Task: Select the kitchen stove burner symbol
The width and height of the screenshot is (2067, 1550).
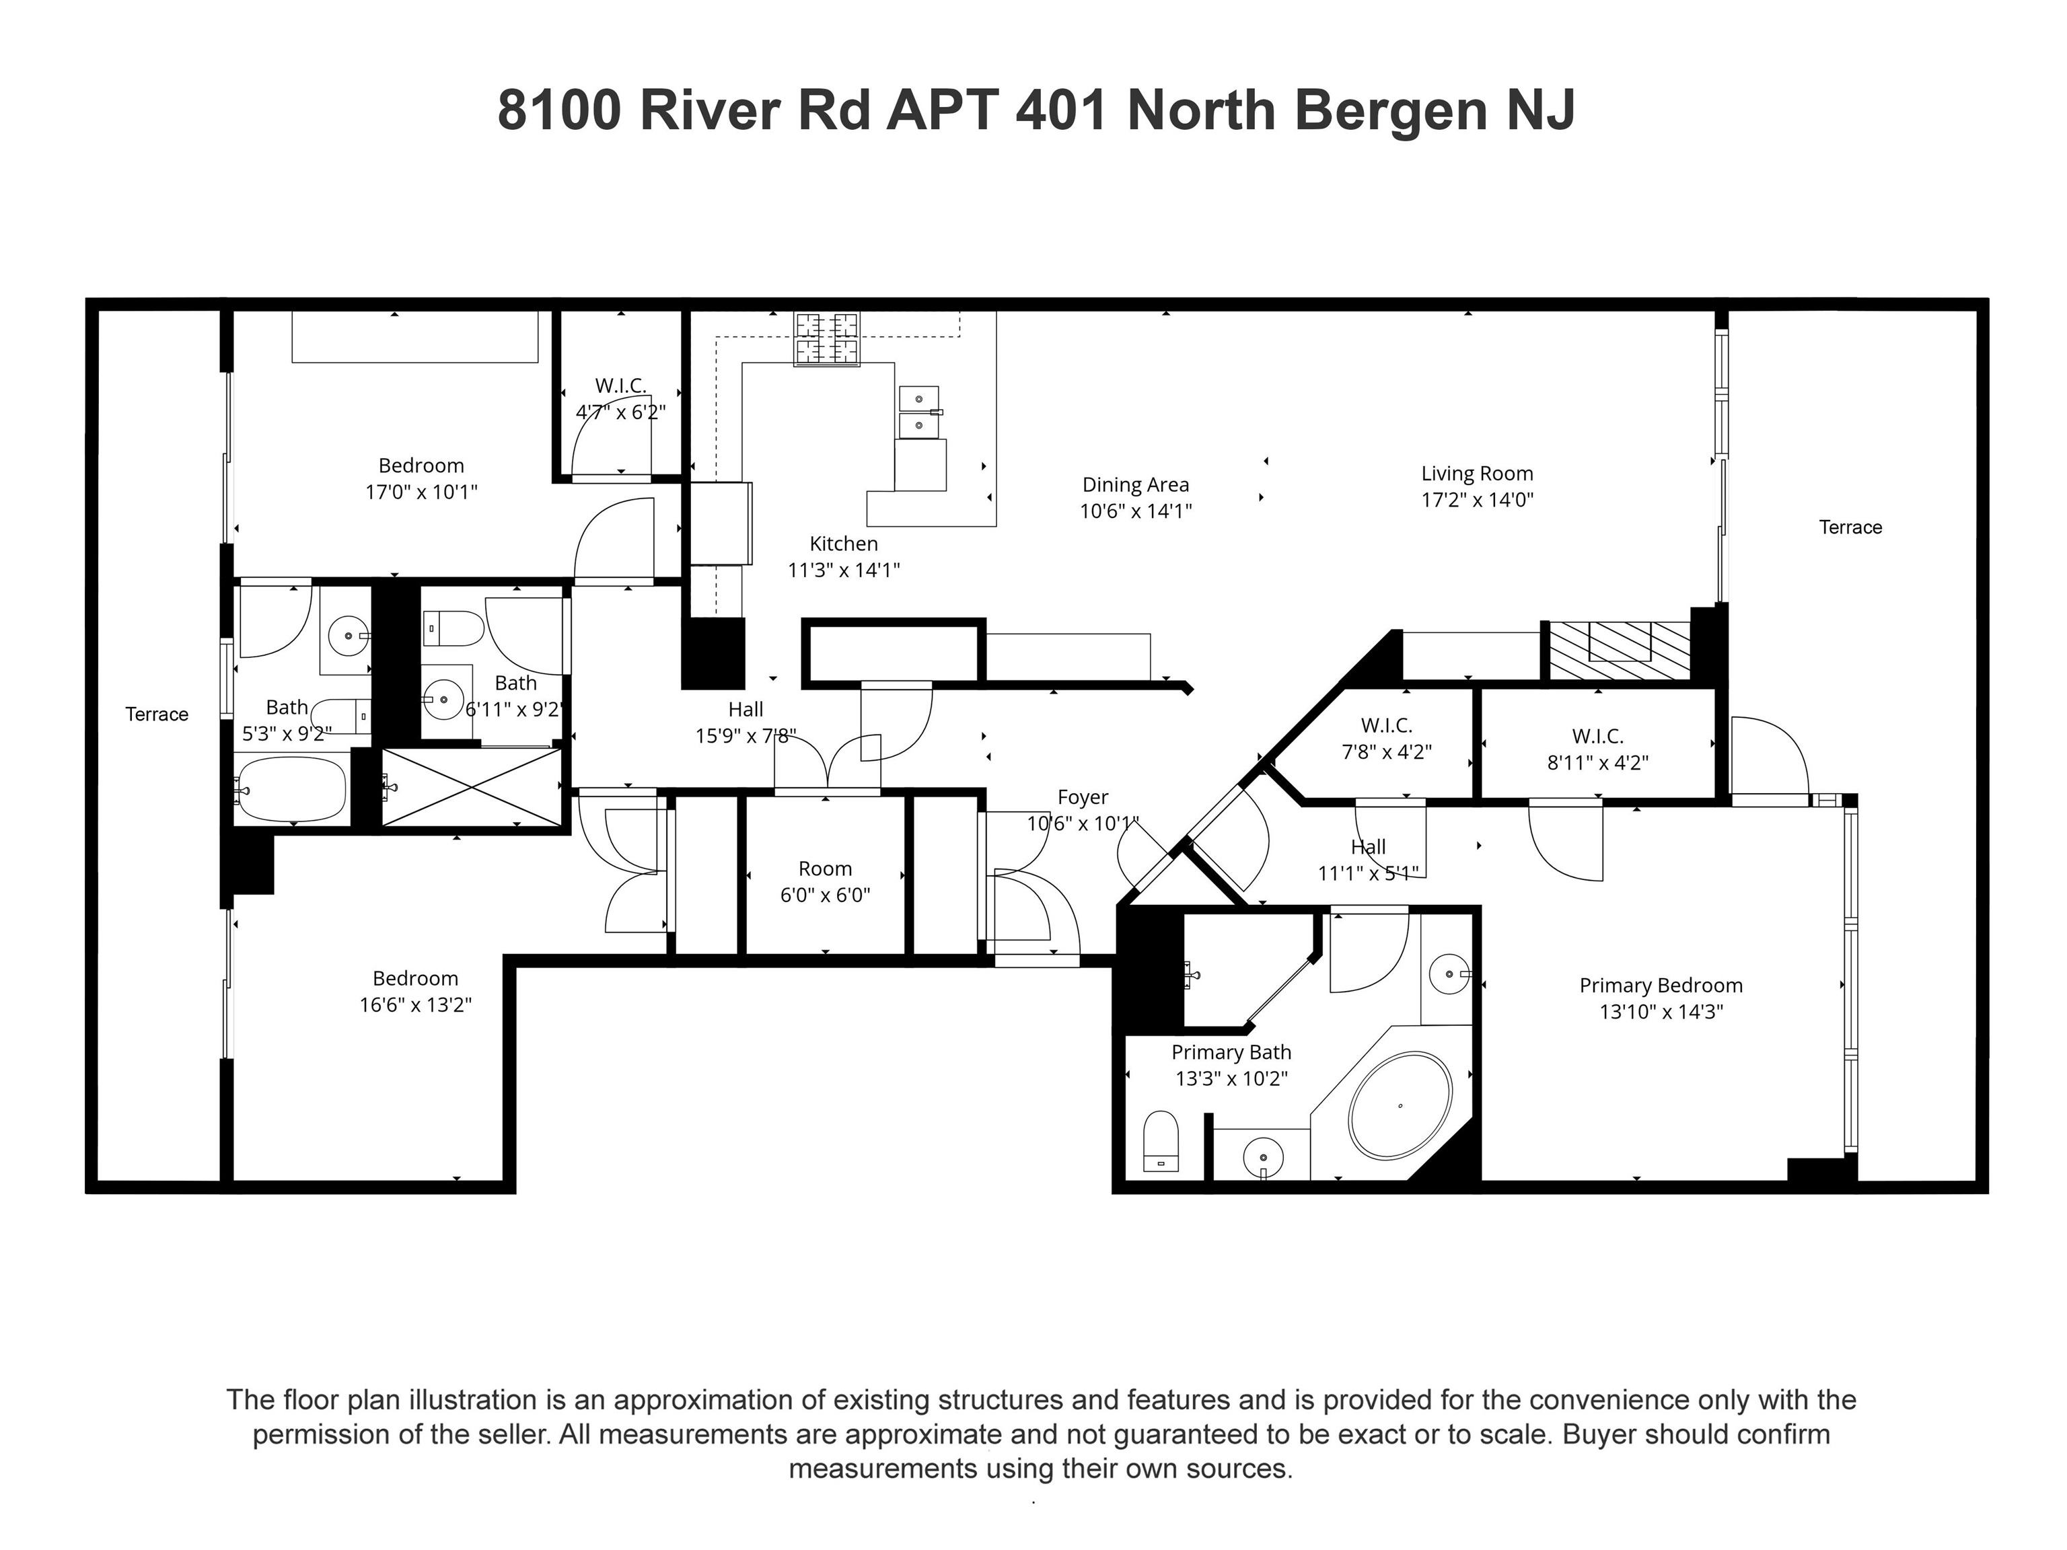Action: point(826,338)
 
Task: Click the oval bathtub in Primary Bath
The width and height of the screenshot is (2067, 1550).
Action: point(1400,1106)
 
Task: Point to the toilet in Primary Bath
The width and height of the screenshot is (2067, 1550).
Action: point(1161,1141)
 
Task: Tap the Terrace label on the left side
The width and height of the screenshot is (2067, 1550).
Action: point(157,714)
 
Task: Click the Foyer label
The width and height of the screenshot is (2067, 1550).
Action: point(1082,797)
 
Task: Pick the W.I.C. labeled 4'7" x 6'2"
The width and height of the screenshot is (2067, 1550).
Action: point(620,399)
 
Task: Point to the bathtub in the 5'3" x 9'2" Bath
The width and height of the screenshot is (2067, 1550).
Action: point(290,790)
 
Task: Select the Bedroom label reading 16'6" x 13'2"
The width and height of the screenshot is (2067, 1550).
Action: point(415,992)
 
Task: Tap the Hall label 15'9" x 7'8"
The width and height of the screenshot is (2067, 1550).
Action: point(745,723)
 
